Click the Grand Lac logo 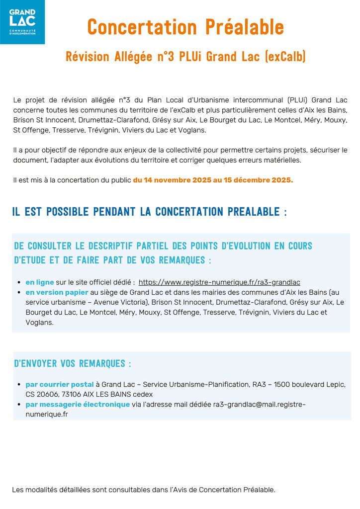[x=22, y=22]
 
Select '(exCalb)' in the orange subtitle [x=286, y=57]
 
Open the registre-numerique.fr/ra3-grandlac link [x=219, y=282]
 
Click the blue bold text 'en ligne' [x=40, y=282]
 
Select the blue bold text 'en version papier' [x=57, y=292]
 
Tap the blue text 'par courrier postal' [x=60, y=384]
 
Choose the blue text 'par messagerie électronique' [x=78, y=404]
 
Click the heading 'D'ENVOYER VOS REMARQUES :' [x=73, y=364]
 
